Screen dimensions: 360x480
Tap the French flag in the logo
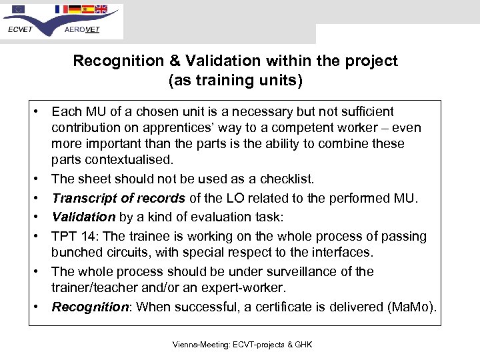(x=62, y=9)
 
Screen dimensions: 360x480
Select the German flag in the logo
(x=75, y=9)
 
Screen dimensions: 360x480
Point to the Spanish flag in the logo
(x=87, y=9)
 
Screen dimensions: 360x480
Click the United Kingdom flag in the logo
(x=101, y=9)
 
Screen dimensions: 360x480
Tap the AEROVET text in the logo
(x=82, y=29)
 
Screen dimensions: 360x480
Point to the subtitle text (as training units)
(x=235, y=81)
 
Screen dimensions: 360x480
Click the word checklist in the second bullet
(x=281, y=179)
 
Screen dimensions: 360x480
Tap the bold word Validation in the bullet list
(x=83, y=217)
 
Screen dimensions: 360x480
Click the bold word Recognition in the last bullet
(x=90, y=307)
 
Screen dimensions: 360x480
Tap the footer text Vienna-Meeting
(x=199, y=345)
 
